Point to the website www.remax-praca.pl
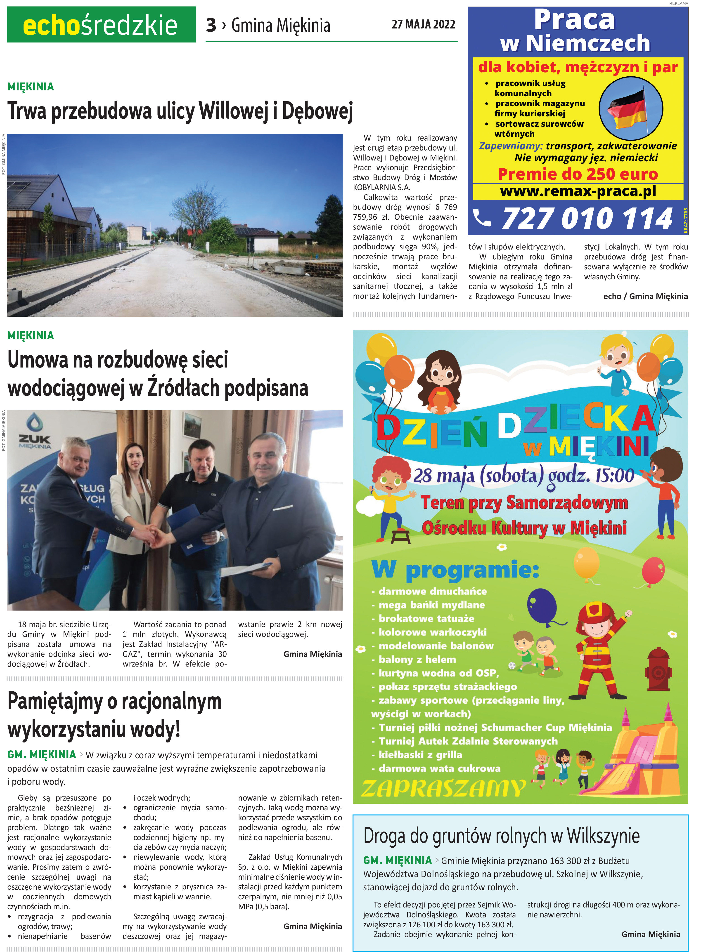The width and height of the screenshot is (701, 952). (x=578, y=191)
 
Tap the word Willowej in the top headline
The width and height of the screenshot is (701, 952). (x=233, y=111)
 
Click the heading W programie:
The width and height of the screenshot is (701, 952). (x=455, y=570)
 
